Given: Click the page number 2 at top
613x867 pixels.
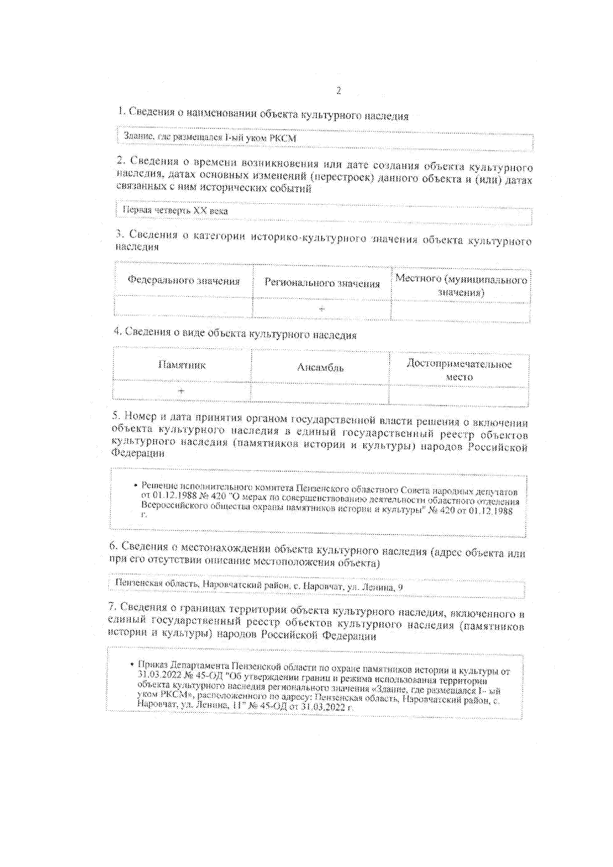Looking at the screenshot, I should pos(339,91).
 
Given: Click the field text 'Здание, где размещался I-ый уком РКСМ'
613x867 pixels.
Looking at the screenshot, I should pos(210,137).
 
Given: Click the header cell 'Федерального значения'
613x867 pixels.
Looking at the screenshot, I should pos(184,281).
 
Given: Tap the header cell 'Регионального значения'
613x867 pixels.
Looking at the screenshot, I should pos(322,283).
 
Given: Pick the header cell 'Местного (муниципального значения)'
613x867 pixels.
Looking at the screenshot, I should pos(461,285).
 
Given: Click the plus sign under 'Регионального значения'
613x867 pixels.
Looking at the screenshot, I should pos(322,308).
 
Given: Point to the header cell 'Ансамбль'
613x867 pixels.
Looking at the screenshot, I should pos(320,367).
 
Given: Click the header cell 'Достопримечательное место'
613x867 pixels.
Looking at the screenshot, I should pos(459,370).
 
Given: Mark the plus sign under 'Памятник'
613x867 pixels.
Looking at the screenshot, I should pos(181,391).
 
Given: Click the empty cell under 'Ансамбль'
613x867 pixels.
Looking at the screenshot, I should pos(320,393).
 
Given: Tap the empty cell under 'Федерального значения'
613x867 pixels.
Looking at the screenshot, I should pos(184,306).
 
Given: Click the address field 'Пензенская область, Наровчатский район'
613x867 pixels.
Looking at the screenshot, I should pos(259,586).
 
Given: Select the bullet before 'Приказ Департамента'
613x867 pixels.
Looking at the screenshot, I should pos(132,664).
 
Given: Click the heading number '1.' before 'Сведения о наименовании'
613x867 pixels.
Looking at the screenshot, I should pos(122,111).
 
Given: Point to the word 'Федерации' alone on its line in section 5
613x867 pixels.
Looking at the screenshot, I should pos(138,453).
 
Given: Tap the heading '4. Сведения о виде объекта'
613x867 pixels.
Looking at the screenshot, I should pos(235,334).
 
